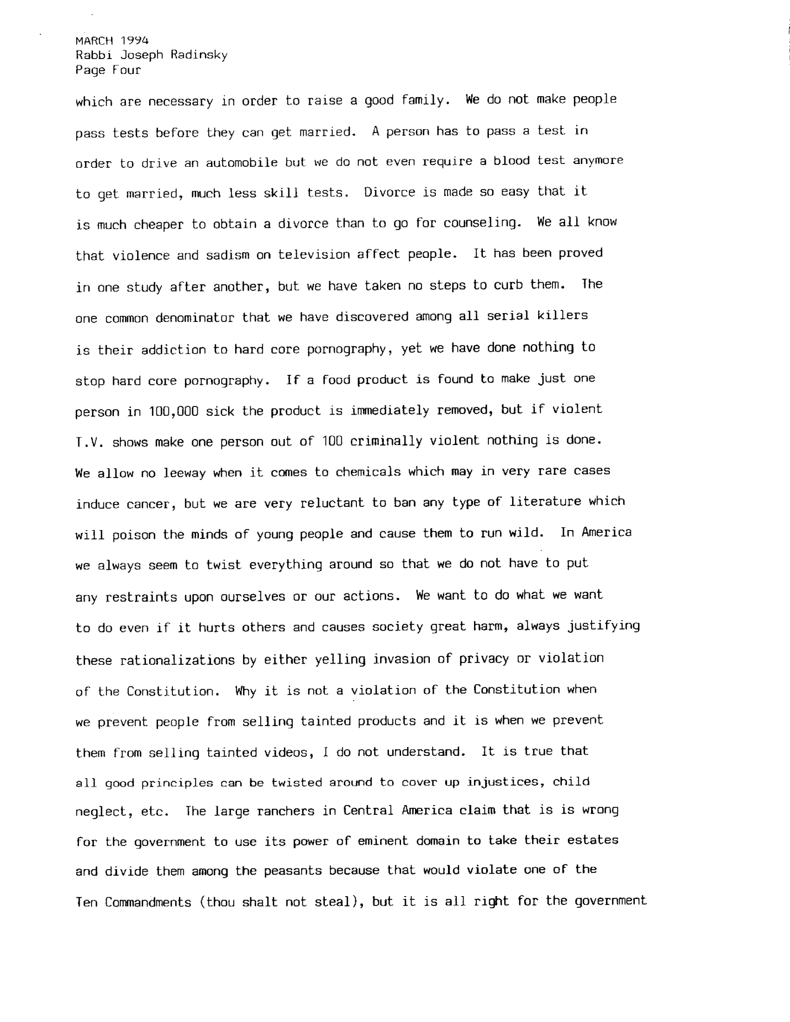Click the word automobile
point(242,163)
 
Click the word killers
point(562,316)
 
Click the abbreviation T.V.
point(89,443)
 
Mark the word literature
point(545,502)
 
